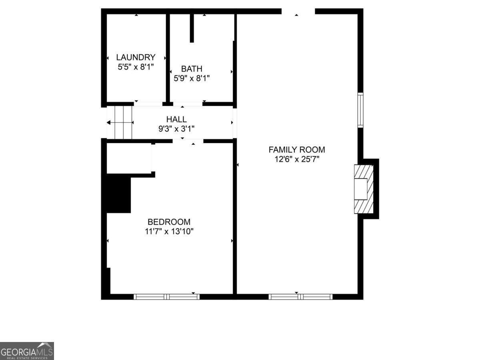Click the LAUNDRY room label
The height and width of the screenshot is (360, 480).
[x=136, y=57]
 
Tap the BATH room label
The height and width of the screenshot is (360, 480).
[x=192, y=69]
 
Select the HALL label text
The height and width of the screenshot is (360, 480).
[x=176, y=119]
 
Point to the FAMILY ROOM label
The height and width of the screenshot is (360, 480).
[x=296, y=150]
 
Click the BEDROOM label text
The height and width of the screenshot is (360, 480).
[x=169, y=222]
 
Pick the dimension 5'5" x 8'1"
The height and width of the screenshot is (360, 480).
[x=136, y=67]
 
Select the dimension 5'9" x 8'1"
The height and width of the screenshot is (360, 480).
[x=192, y=78]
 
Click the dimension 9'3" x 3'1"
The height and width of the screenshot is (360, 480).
[x=176, y=128]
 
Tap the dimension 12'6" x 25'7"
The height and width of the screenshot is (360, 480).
[x=296, y=159]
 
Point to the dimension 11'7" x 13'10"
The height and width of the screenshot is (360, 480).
[x=169, y=231]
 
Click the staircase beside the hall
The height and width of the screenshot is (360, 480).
[x=120, y=122]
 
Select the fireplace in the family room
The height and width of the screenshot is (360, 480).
[x=363, y=189]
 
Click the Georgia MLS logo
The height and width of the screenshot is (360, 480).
[x=27, y=351]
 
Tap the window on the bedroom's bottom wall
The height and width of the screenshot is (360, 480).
[x=166, y=297]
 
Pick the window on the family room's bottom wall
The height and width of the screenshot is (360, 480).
[x=300, y=297]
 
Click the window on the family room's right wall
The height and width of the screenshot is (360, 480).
[x=360, y=110]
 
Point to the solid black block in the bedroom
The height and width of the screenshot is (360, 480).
[x=118, y=195]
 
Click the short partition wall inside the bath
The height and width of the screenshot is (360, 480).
[x=192, y=28]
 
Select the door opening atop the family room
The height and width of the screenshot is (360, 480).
[x=298, y=11]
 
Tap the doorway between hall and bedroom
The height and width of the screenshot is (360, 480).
[x=188, y=141]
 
